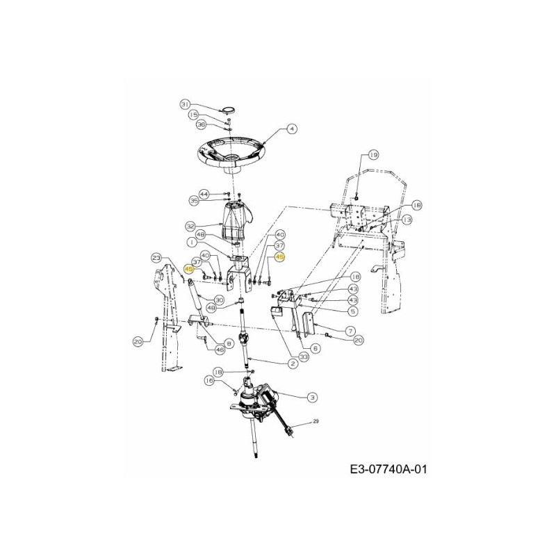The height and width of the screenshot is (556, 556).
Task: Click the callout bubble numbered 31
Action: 185,104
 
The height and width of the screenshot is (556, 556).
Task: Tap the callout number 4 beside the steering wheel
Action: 291,129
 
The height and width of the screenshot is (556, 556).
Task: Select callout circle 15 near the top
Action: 194,115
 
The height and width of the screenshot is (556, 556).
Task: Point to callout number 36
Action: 201,124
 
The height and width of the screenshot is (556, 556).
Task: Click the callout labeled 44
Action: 204,193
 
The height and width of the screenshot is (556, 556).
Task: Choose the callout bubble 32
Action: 190,226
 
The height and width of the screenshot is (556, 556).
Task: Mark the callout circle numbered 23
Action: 157,258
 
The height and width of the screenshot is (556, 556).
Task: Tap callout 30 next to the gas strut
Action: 219,300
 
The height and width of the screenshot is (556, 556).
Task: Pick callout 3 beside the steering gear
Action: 313,397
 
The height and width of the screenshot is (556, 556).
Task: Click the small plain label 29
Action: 315,421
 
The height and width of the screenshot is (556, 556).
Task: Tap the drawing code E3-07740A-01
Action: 389,471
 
